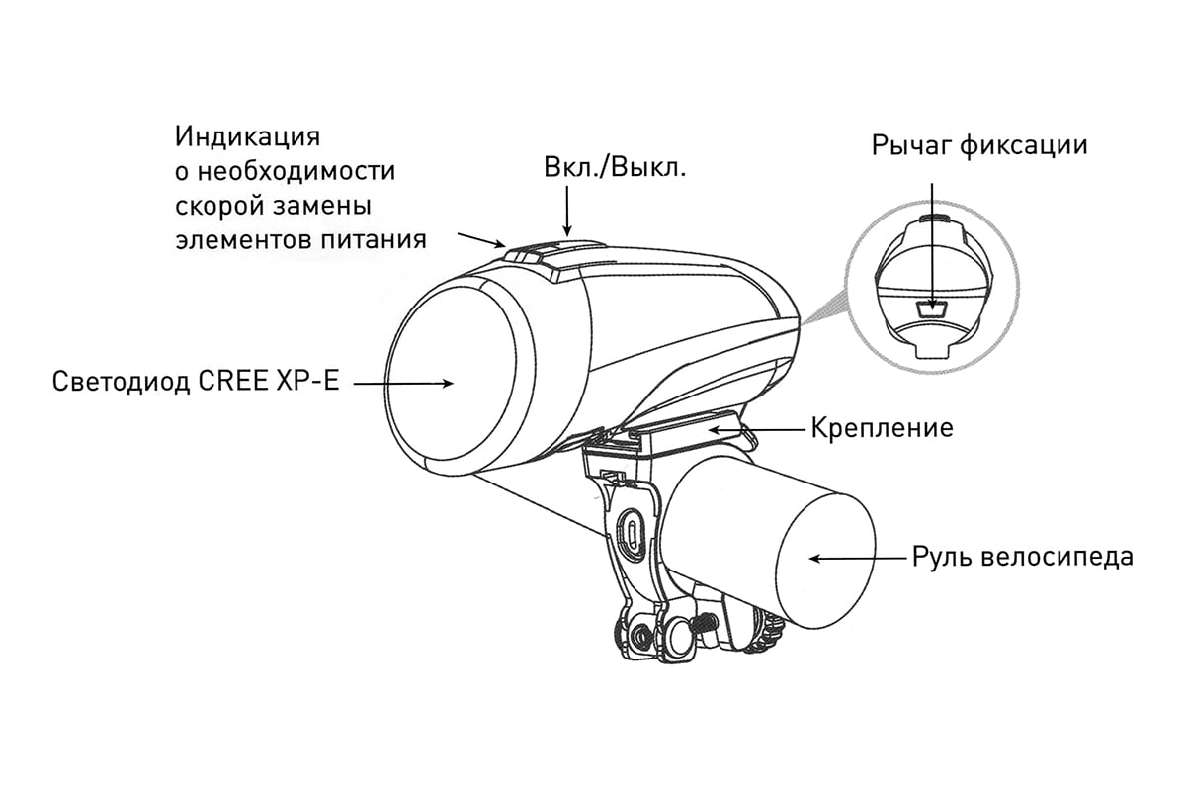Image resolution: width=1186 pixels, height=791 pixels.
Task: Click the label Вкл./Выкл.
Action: pos(615,167)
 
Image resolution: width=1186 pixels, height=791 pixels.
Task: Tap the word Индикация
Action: pos(247,137)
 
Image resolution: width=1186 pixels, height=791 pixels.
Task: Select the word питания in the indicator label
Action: pos(374,240)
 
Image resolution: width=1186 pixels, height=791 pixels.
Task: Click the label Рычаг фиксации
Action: pos(979,145)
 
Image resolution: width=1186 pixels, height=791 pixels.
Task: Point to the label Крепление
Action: pos(882,428)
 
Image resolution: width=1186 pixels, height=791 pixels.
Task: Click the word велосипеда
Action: pos(1057,557)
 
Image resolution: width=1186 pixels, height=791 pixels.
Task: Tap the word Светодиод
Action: pos(122,381)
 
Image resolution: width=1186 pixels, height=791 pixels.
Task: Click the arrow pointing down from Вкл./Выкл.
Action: pos(567,211)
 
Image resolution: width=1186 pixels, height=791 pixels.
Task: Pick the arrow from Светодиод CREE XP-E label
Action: pos(403,383)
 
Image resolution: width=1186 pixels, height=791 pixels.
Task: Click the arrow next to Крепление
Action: pos(757,430)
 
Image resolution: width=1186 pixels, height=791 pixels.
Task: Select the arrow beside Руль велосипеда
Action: pos(858,558)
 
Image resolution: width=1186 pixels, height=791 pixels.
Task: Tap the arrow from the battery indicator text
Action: pos(481,240)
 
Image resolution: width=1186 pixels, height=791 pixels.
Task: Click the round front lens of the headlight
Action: pos(451,374)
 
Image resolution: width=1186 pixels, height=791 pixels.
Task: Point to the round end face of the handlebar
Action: pos(825,562)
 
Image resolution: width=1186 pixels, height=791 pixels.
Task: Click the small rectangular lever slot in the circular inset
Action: pos(931,309)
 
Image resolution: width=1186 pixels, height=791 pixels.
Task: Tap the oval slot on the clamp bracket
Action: pos(633,535)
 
